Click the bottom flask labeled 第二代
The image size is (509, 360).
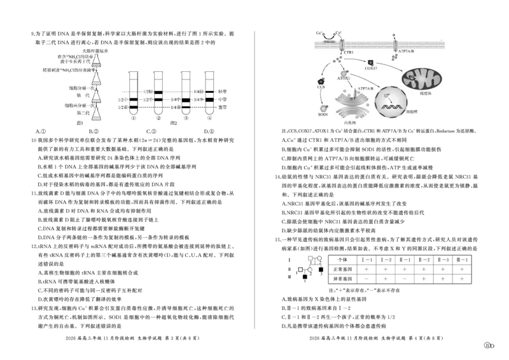(97, 114)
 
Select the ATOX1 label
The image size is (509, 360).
(344, 78)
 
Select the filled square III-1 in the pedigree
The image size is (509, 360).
(305, 277)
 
